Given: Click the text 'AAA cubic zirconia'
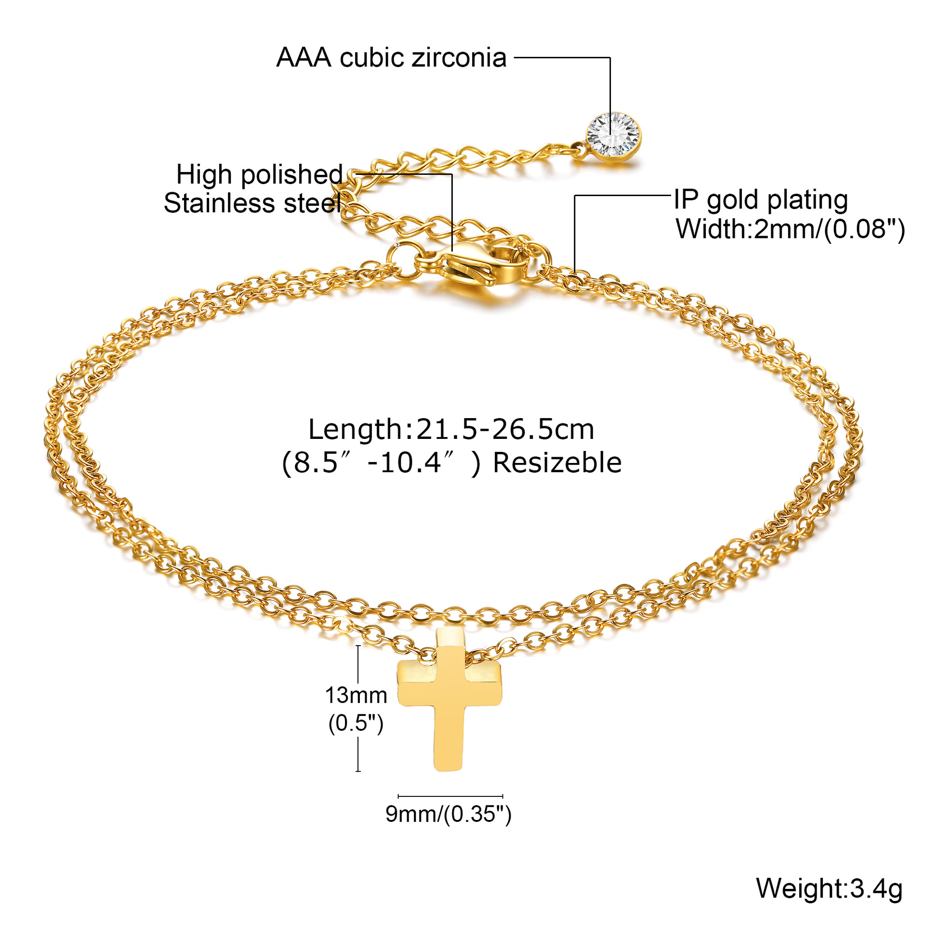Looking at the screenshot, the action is [x=391, y=58].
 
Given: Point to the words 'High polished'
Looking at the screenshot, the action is [x=259, y=174].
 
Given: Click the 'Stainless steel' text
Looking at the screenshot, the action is [x=252, y=203].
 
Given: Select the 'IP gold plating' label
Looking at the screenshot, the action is [x=761, y=200].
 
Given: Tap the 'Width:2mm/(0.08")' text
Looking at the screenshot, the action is [x=790, y=229].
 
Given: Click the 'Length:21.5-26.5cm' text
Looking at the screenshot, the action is [x=451, y=429].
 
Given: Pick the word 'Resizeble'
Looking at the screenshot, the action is [x=557, y=463].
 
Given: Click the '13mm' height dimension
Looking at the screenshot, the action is [x=356, y=695].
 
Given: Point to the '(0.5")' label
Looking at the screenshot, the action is [x=356, y=723].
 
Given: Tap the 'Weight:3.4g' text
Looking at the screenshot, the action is [x=829, y=888].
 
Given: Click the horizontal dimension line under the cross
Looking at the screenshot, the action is [x=450, y=796].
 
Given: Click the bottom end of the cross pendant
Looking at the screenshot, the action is [x=448, y=770].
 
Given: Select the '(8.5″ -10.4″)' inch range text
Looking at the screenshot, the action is [x=381, y=463].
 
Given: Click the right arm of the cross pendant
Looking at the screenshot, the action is [x=484, y=682].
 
